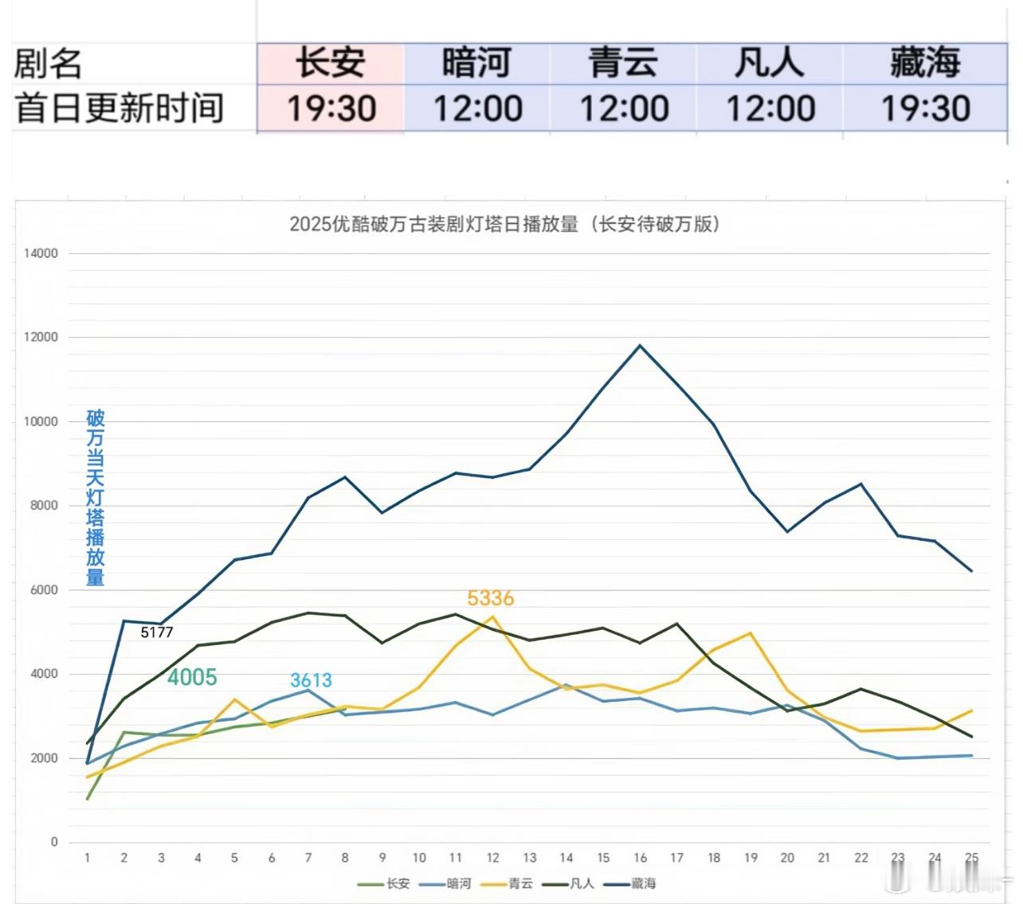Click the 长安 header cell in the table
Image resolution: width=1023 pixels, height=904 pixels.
(x=331, y=63)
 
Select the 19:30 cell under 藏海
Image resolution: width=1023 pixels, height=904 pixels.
(x=925, y=108)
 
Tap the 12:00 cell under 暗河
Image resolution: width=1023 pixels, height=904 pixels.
(x=477, y=108)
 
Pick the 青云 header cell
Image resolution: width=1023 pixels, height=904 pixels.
(x=623, y=63)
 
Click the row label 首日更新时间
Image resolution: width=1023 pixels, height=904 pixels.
(x=120, y=108)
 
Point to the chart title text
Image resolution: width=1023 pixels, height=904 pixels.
(x=504, y=224)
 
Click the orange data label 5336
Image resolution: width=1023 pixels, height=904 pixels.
(x=490, y=598)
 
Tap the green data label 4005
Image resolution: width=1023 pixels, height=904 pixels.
(x=192, y=677)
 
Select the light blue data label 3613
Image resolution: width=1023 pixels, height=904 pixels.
(x=311, y=680)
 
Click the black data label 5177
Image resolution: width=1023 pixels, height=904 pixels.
(x=157, y=632)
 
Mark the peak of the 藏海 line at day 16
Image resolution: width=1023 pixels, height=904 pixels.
(x=640, y=346)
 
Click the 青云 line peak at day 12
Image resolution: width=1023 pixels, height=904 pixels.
(x=493, y=616)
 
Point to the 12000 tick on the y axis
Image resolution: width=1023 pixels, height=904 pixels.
(x=41, y=337)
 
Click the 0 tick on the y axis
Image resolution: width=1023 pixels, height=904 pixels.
(x=54, y=842)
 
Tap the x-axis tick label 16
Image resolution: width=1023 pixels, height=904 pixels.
(x=640, y=858)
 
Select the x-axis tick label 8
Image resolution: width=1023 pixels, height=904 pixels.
(x=345, y=858)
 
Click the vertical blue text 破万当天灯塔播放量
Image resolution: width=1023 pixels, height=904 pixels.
(x=96, y=498)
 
